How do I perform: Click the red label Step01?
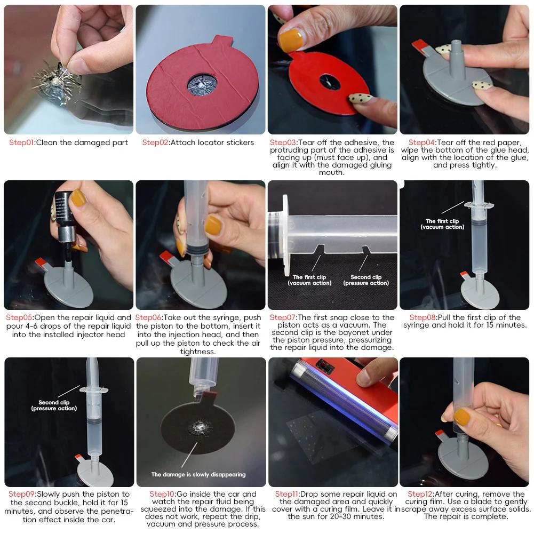point(21,142)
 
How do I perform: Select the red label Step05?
point(19,318)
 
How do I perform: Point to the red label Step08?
point(423,318)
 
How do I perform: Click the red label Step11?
point(287,494)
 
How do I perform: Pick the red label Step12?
point(420,494)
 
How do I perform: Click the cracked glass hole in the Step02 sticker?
point(202,84)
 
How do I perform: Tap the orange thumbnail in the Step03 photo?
point(291,40)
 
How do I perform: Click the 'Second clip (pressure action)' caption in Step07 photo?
point(366,280)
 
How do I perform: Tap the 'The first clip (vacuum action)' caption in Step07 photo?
point(309,280)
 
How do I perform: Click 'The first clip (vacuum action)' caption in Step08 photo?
point(442,224)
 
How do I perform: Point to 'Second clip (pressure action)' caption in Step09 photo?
point(54,405)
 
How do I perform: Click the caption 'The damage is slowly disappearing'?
point(198,474)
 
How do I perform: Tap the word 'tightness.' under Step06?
point(198,352)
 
